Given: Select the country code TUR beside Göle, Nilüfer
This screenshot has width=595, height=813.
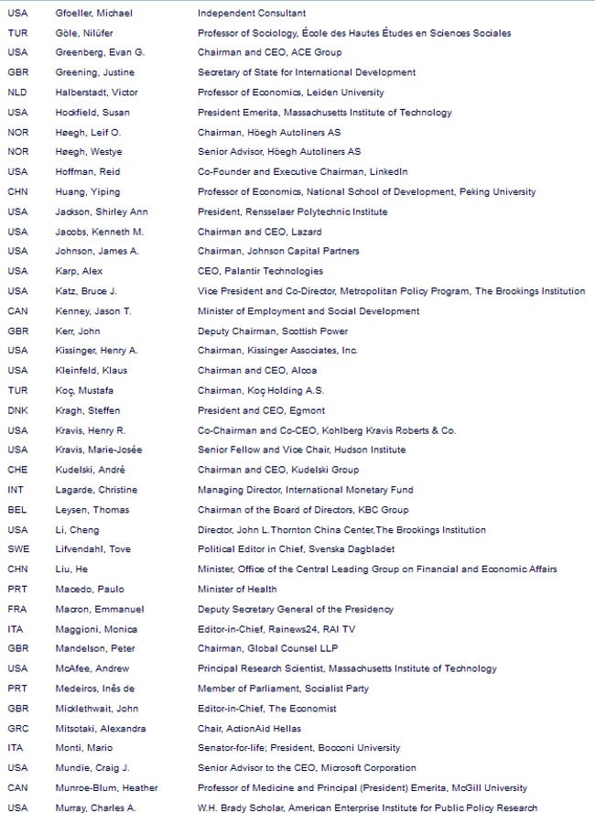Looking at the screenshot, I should coord(16,33).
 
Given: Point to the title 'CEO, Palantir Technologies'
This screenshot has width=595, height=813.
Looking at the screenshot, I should coord(260,271).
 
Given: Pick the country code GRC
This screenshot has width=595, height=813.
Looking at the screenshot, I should coord(17,728).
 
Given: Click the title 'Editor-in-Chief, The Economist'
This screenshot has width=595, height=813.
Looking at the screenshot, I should coord(267,709).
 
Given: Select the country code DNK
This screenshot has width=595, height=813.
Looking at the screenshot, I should coord(17,410).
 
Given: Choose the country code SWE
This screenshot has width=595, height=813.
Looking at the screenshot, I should coord(17,549).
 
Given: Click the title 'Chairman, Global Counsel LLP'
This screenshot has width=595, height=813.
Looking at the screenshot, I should coord(266,649).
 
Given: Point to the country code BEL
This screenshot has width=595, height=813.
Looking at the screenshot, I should coord(16,510).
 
